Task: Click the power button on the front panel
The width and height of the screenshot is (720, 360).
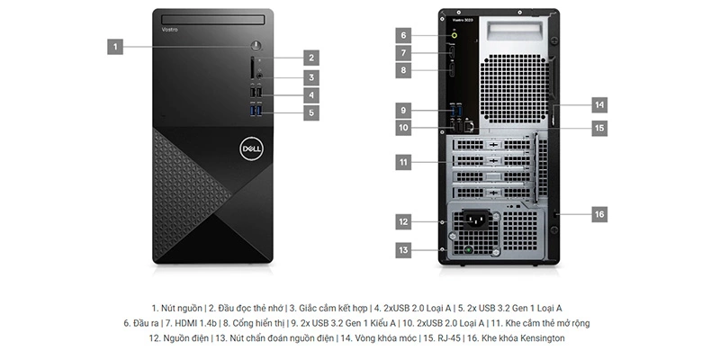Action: [x=256, y=46]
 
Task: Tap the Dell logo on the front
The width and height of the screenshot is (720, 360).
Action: [x=251, y=148]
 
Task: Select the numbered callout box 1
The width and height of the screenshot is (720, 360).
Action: [x=115, y=47]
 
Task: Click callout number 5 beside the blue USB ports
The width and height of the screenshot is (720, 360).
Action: [x=311, y=112]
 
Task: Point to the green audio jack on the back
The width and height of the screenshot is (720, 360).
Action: [x=454, y=34]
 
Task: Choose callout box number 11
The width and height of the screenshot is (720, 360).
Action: [x=403, y=162]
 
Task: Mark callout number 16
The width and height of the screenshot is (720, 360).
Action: [x=599, y=214]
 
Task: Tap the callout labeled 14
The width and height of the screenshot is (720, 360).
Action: [x=599, y=104]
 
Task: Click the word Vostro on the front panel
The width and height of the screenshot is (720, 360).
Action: [x=169, y=30]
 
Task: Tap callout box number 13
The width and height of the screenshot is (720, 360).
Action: [x=403, y=250]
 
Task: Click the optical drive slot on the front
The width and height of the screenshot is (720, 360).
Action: [x=213, y=20]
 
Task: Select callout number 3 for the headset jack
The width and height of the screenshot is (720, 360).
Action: [x=311, y=77]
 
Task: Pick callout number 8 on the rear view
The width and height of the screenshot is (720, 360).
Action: [x=403, y=70]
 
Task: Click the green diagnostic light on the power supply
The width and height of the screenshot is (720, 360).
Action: [x=468, y=251]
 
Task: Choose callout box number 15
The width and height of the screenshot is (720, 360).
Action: [x=599, y=128]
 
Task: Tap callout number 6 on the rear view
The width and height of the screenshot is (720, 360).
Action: [x=403, y=35]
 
